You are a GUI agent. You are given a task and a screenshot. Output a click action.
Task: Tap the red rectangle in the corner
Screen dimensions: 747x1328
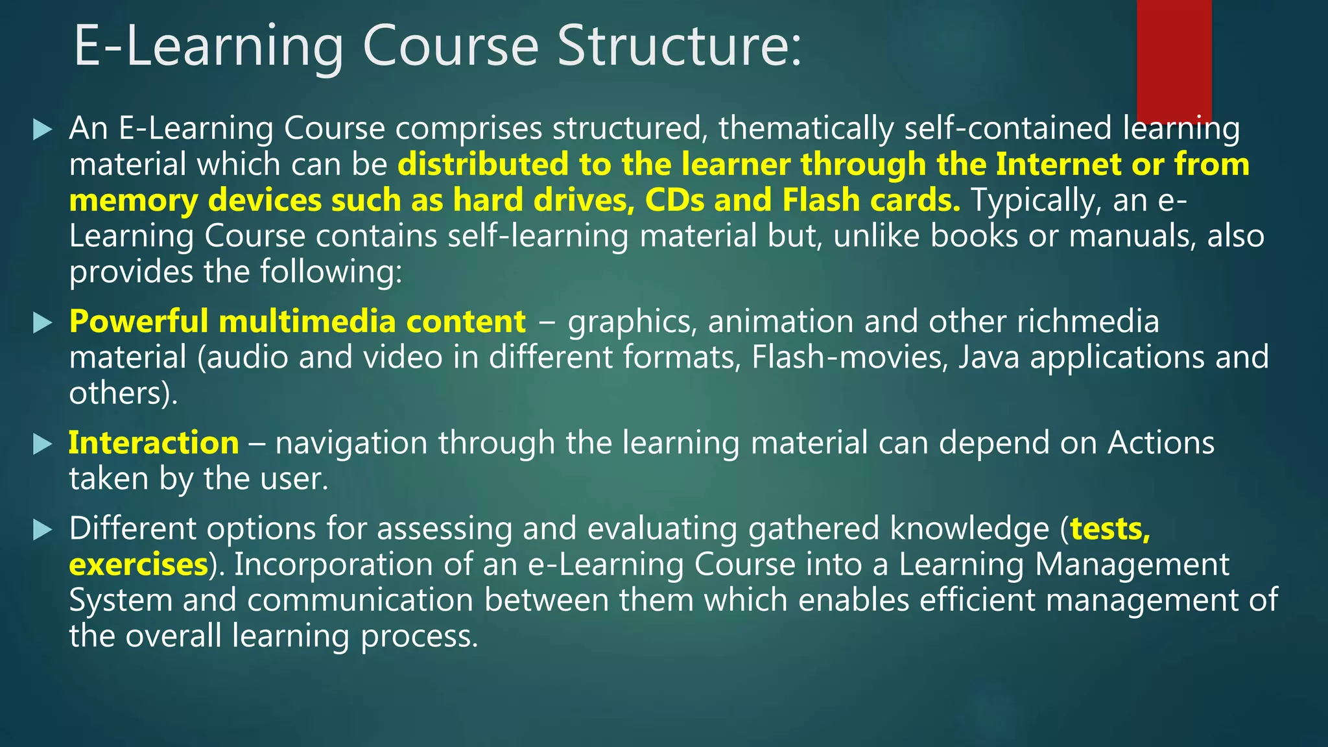[1174, 58]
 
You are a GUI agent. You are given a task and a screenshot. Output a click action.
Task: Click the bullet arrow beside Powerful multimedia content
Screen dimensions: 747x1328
[42, 322]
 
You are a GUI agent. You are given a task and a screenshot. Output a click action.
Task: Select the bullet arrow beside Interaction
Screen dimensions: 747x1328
[42, 444]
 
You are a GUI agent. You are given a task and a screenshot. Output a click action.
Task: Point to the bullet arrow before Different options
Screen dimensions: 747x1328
[42, 530]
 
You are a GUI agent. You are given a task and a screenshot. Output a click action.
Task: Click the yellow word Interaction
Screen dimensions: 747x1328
[154, 443]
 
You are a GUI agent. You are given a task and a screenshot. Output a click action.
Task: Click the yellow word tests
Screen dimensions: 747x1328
[1109, 529]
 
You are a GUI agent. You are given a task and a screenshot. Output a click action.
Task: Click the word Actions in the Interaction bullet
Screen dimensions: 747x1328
[1161, 443]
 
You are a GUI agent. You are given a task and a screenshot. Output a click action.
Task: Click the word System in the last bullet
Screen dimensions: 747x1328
[121, 600]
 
